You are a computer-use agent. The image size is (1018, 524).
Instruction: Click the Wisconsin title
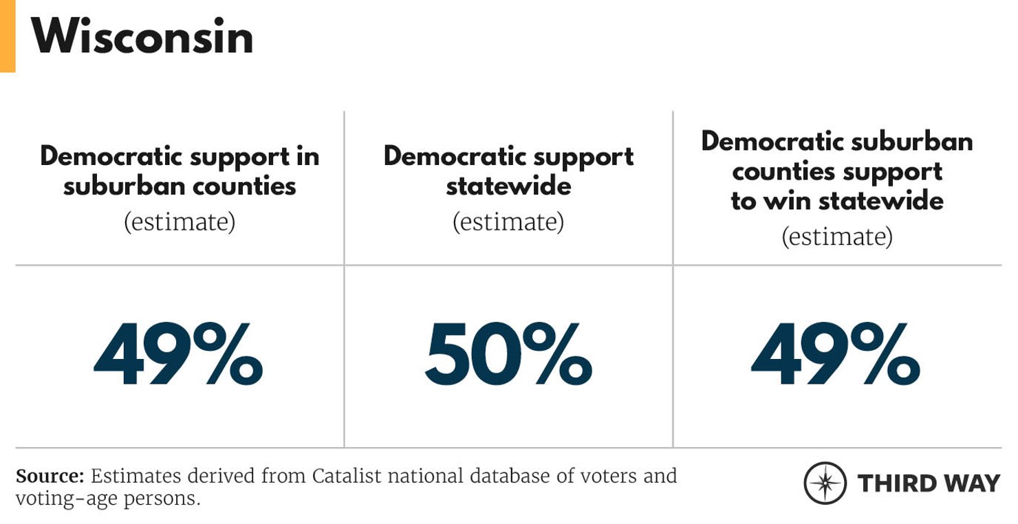[142, 36]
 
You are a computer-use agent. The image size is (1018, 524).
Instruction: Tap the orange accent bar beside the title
[7, 36]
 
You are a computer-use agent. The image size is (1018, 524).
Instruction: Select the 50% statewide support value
[508, 355]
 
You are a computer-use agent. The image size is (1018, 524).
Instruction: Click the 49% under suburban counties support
[178, 355]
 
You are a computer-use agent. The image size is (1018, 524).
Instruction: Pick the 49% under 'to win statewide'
[836, 355]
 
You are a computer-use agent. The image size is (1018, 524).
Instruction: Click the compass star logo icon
[825, 483]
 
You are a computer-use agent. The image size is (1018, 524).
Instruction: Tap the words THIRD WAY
[929, 483]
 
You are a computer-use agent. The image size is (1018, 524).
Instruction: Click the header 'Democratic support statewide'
[508, 171]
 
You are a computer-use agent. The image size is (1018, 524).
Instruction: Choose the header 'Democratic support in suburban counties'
[180, 171]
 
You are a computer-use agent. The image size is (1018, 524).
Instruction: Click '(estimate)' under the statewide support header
[508, 222]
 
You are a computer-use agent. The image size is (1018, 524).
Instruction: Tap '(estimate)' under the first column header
[180, 222]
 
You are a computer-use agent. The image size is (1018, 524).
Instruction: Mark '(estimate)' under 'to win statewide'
[836, 237]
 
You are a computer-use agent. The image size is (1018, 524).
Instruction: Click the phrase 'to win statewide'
[836, 201]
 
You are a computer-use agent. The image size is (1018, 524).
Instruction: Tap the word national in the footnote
[421, 476]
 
